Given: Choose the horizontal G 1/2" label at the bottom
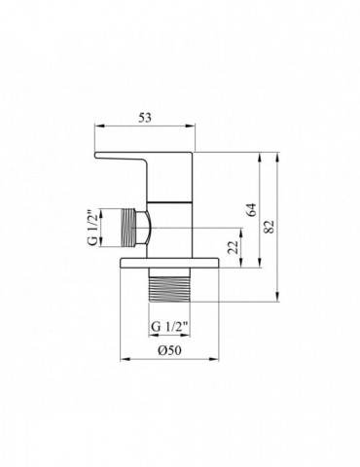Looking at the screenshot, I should point(168,324).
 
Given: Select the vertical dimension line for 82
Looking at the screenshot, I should point(280,226).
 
